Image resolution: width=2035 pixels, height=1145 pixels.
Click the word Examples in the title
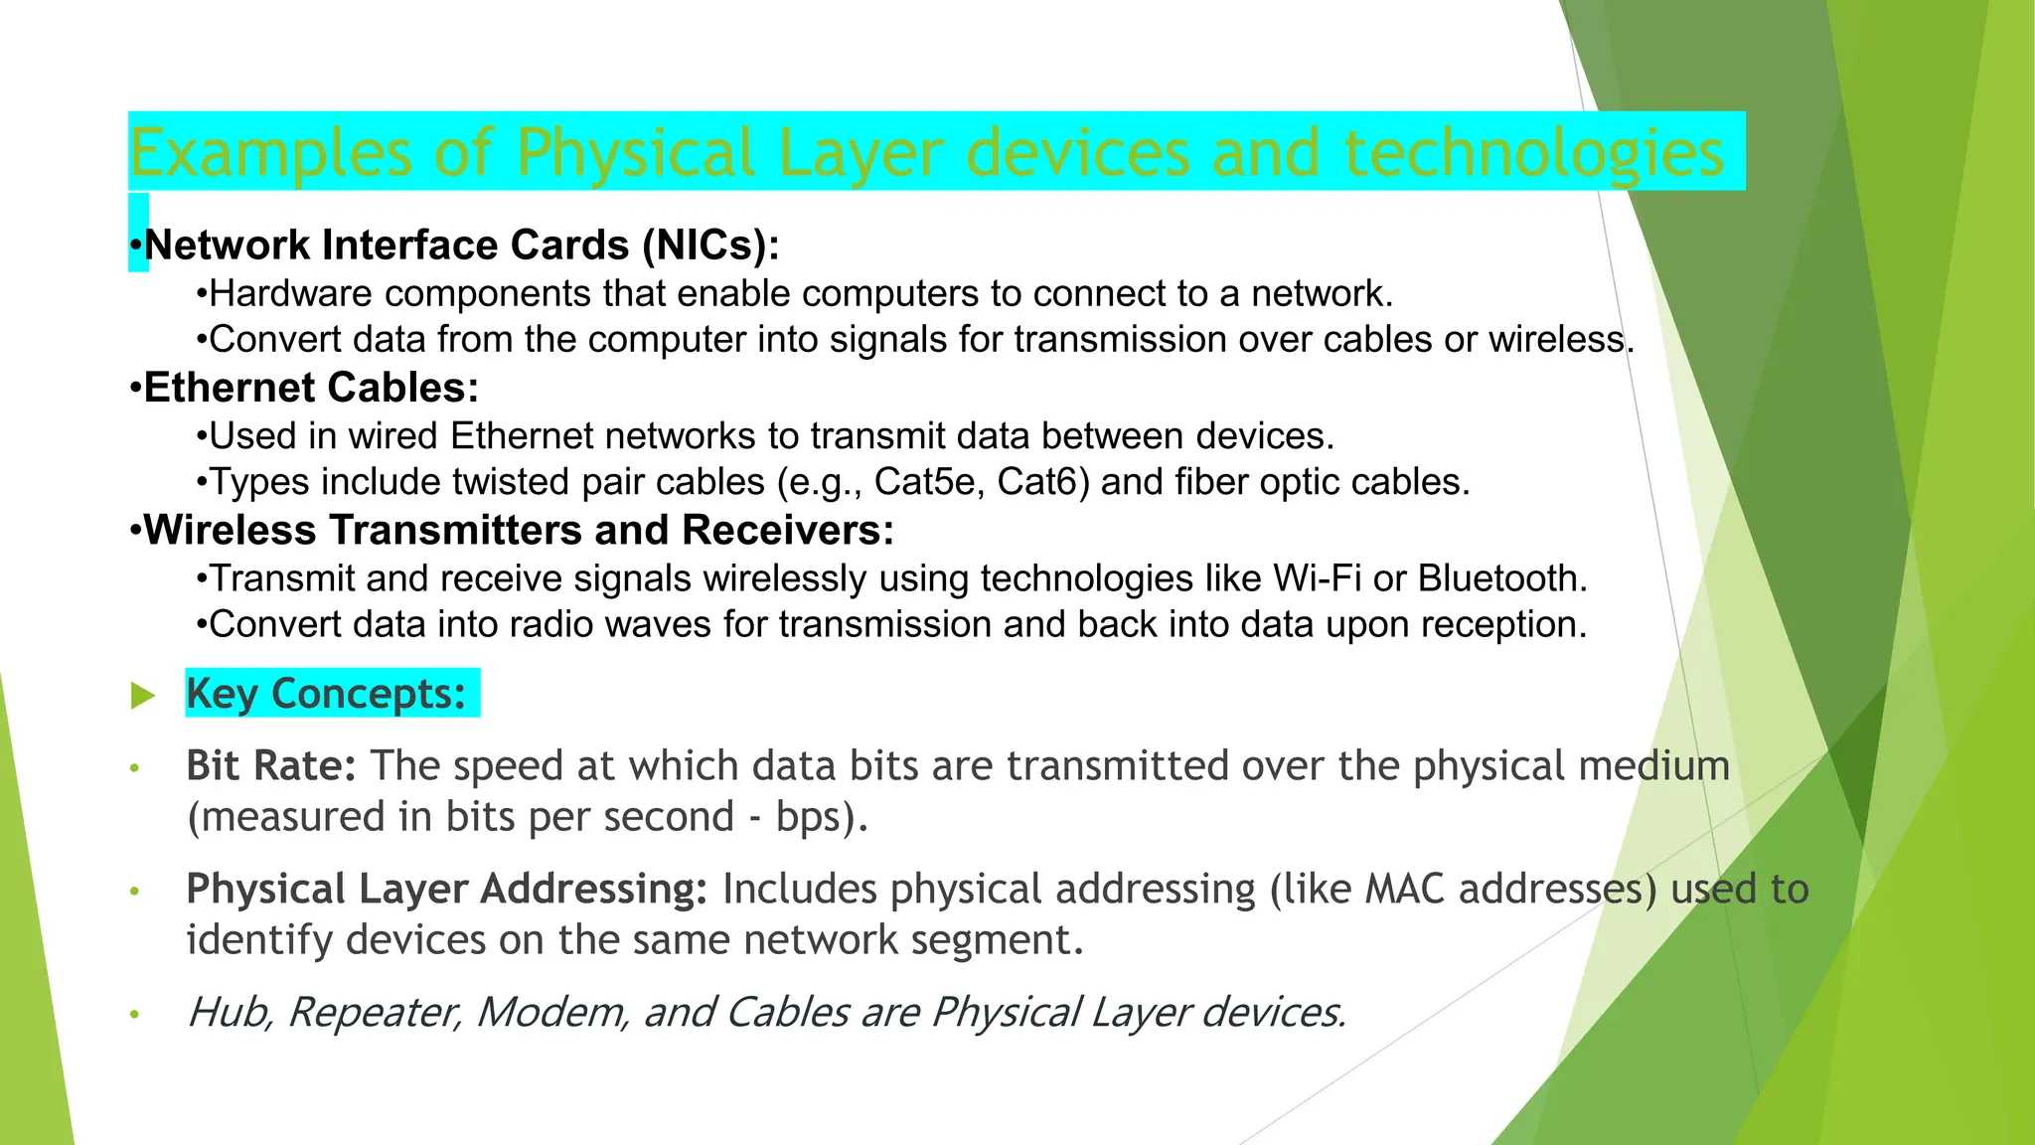pyautogui.click(x=269, y=154)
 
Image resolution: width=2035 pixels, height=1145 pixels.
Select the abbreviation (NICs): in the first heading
pyautogui.click(x=710, y=245)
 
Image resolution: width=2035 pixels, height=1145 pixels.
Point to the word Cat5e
pyautogui.click(x=929, y=482)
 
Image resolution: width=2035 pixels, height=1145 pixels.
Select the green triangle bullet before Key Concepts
pyautogui.click(x=143, y=696)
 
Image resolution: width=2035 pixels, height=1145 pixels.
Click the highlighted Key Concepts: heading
pyautogui.click(x=326, y=694)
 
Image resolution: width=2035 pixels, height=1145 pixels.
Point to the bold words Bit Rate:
pyautogui.click(x=270, y=766)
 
